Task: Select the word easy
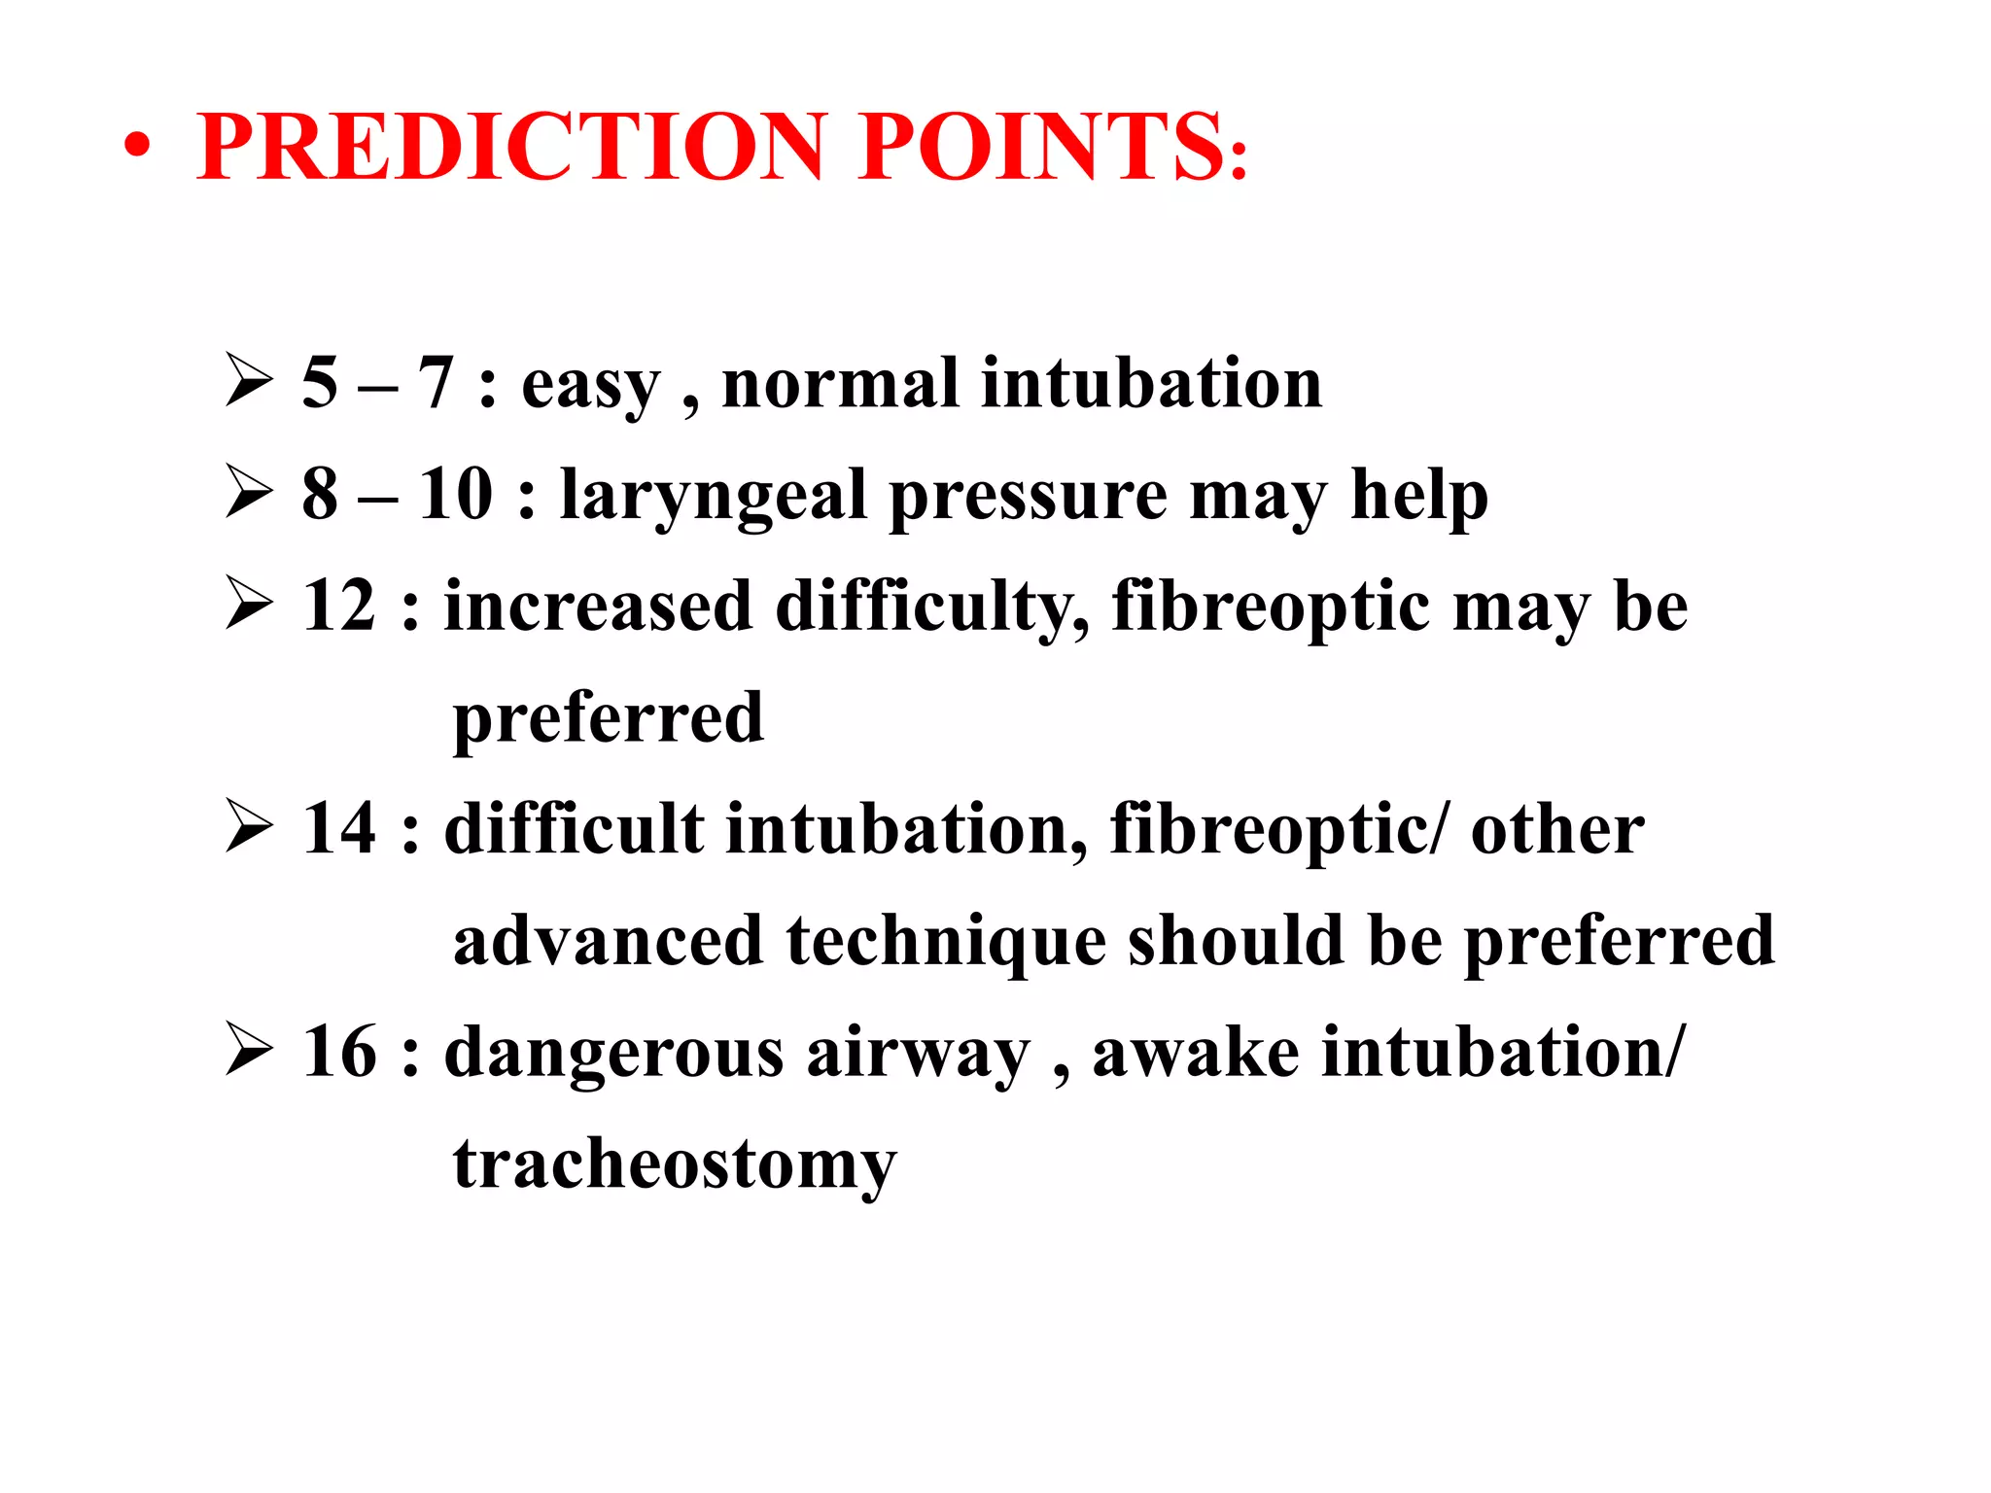tap(590, 386)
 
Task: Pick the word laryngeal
tap(713, 497)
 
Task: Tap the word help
tap(1419, 497)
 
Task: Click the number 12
tap(338, 606)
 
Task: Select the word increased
tap(598, 606)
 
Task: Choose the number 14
tap(338, 829)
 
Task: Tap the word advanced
tap(608, 941)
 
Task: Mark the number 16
tap(338, 1052)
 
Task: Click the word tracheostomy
tap(675, 1165)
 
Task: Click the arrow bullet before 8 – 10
tap(249, 492)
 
